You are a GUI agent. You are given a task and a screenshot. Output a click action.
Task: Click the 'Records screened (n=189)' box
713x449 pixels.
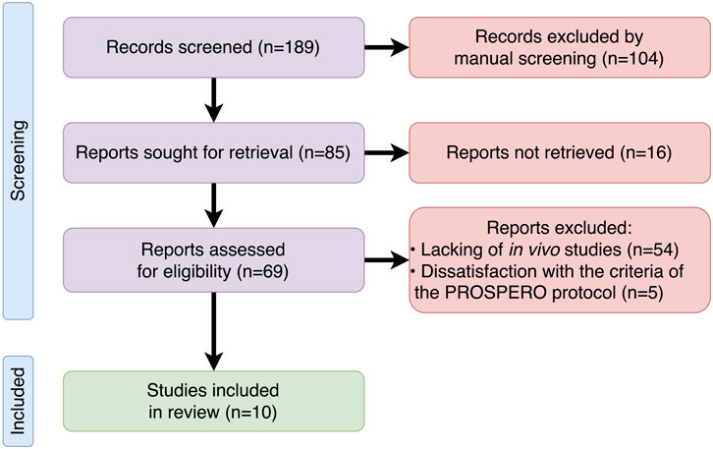pos(213,47)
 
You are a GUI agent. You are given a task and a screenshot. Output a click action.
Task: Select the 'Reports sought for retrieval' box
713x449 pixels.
pos(213,152)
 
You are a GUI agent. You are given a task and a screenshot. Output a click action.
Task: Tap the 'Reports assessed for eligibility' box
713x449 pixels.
pos(213,260)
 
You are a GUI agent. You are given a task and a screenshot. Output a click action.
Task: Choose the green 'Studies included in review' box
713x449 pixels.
pos(213,401)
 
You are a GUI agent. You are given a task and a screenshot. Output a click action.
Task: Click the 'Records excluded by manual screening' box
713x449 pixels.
pos(560,47)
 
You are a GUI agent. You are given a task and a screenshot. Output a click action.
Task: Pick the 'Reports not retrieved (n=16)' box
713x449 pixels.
pos(560,152)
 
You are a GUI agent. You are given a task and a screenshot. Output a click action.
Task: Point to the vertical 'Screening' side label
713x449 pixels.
pos(19,160)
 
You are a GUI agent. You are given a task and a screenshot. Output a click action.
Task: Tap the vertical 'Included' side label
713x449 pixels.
pos(19,401)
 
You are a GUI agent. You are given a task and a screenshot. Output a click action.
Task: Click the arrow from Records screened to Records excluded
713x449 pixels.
pos(387,47)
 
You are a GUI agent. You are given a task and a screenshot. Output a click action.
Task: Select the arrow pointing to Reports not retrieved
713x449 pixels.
pos(387,153)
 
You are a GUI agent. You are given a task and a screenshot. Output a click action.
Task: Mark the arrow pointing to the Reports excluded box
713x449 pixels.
pos(387,260)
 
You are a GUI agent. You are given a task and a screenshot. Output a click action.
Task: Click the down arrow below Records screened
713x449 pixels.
pos(213,100)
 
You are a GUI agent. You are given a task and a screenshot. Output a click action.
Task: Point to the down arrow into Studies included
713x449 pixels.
pos(213,331)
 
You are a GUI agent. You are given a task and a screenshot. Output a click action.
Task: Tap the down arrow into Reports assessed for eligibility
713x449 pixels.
pos(213,205)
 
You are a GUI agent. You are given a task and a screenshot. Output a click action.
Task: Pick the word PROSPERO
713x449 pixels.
pos(496,293)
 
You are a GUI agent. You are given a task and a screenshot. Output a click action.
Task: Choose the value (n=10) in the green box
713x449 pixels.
pos(251,412)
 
